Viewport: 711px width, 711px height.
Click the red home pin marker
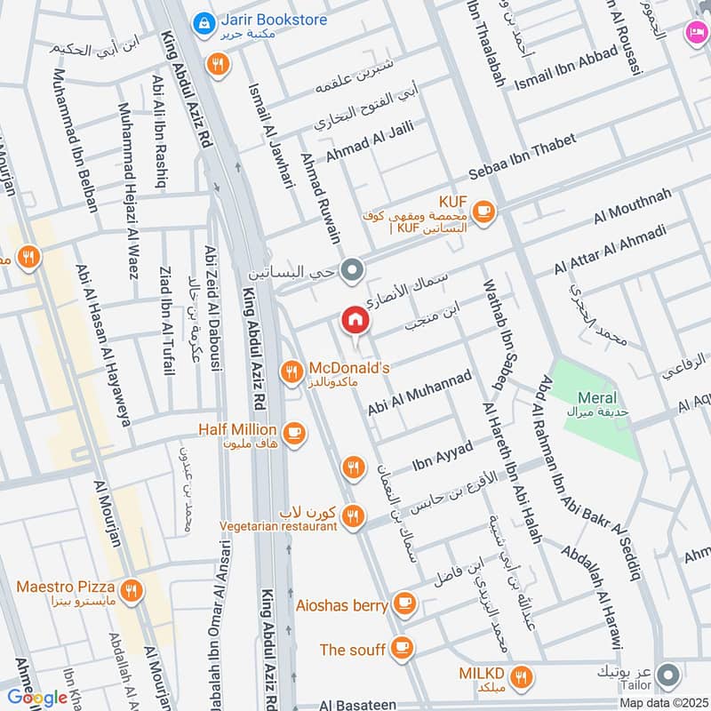point(355,319)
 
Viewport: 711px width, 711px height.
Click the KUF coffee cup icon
point(483,211)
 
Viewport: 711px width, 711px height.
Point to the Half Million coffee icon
point(295,434)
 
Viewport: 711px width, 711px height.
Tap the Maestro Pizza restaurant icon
point(132,589)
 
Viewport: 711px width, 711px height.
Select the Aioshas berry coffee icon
point(404,604)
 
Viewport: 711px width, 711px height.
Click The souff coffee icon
point(402,648)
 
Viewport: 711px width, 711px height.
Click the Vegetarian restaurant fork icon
point(354,515)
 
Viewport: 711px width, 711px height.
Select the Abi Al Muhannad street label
point(419,395)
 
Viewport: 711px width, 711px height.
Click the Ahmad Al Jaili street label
point(370,142)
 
